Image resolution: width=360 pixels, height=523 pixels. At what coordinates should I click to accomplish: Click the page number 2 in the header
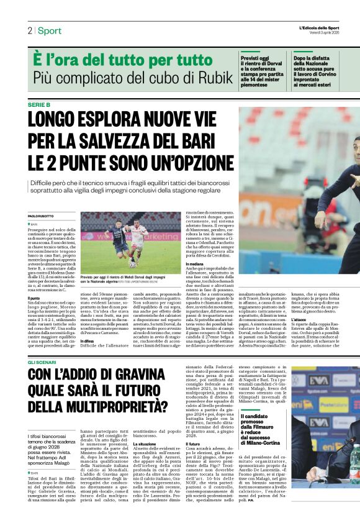29,30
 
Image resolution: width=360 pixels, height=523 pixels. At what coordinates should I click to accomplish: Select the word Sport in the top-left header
50,30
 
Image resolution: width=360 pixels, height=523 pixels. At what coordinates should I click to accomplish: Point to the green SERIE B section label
40,105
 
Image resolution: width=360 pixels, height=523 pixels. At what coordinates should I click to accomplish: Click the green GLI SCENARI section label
43,361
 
